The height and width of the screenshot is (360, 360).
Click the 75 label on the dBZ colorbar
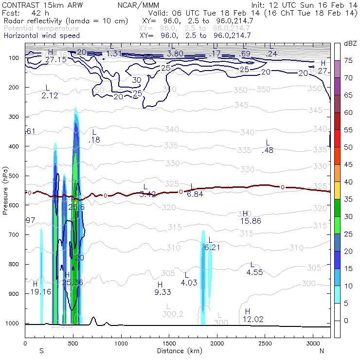tap(348, 60)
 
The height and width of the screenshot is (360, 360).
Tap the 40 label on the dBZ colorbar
tap(348, 181)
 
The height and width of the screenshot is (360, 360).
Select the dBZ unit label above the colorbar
tap(350, 43)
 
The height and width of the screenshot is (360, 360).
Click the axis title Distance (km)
tap(178, 350)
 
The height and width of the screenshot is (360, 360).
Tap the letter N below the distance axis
tap(322, 350)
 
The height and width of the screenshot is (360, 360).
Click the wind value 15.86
tap(251, 221)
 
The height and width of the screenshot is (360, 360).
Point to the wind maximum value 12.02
tap(253, 319)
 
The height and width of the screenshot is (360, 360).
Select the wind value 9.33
tap(162, 292)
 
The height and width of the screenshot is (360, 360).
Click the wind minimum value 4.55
tap(254, 272)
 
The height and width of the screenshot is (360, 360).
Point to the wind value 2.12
tap(50, 96)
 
